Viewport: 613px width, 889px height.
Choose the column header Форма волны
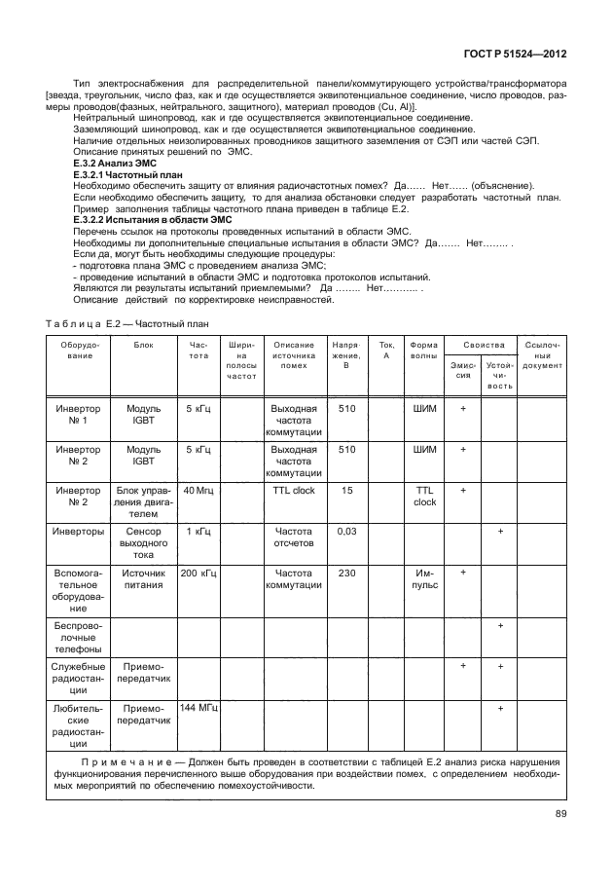[424, 351]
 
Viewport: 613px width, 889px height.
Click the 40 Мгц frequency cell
[198, 491]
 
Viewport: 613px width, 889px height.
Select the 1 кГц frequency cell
[198, 532]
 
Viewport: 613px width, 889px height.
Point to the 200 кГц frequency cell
[198, 573]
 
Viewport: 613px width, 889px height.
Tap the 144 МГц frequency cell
[198, 709]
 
